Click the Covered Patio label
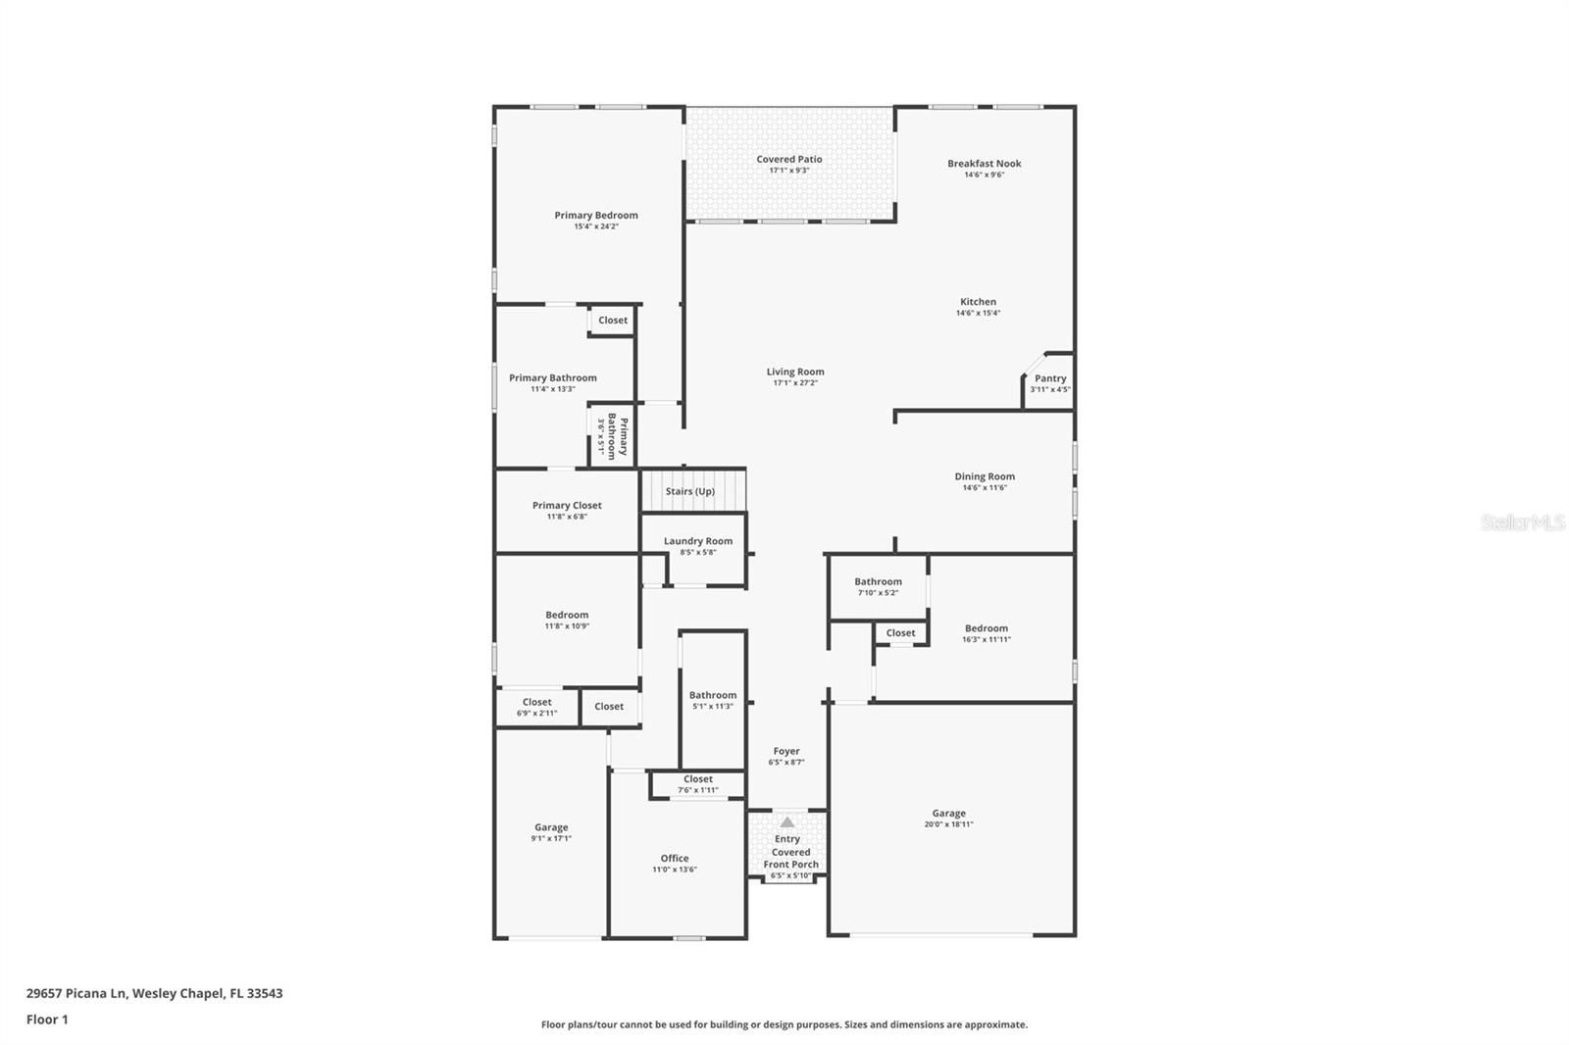(788, 159)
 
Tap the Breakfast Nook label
(984, 164)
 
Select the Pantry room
(1049, 382)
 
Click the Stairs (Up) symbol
(690, 491)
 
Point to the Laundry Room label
(697, 541)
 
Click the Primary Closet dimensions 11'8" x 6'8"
(567, 517)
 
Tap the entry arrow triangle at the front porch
(786, 822)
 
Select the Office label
(674, 858)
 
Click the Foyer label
(785, 751)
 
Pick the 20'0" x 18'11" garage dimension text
(948, 824)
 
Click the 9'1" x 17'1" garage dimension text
(551, 838)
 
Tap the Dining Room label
(985, 476)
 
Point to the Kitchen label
(978, 302)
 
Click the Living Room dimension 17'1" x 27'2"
(794, 382)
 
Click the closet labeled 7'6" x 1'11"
(697, 784)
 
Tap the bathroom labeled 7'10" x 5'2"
(878, 586)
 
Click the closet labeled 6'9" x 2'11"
(536, 707)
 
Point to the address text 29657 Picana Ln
(154, 993)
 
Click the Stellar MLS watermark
(1522, 522)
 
